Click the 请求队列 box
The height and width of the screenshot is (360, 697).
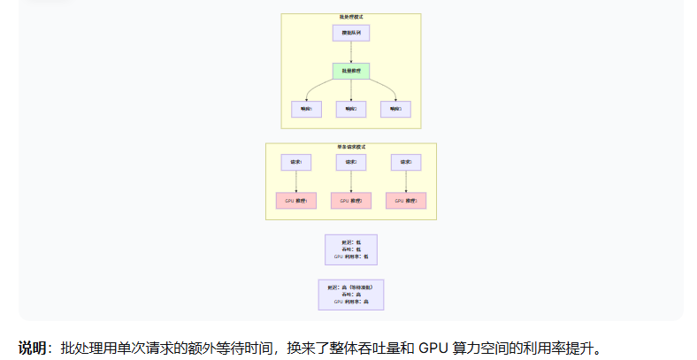click(351, 33)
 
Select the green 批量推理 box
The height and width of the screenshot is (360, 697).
click(351, 71)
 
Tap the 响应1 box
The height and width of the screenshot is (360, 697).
click(306, 110)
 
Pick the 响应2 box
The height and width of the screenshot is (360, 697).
click(351, 110)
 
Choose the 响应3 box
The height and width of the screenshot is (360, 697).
click(395, 110)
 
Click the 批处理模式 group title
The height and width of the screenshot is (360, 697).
click(351, 17)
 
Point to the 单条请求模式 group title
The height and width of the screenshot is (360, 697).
click(351, 147)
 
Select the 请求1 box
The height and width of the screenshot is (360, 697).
click(296, 163)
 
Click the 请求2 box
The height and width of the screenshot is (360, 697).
click(351, 163)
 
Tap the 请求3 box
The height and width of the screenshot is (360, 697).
click(406, 163)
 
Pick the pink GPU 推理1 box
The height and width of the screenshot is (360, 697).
click(296, 201)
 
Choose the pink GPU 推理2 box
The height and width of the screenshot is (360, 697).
click(351, 201)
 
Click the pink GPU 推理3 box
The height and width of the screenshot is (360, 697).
click(406, 201)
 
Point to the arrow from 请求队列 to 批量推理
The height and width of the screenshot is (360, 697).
click(351, 51)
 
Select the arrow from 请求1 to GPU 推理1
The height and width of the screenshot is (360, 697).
click(296, 181)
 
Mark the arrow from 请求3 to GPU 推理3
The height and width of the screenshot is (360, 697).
click(406, 181)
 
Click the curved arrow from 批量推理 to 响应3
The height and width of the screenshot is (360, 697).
click(387, 87)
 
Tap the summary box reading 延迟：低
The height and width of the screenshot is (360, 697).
click(351, 249)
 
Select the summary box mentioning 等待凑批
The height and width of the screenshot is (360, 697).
click(351, 295)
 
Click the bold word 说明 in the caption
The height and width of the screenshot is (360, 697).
click(32, 349)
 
